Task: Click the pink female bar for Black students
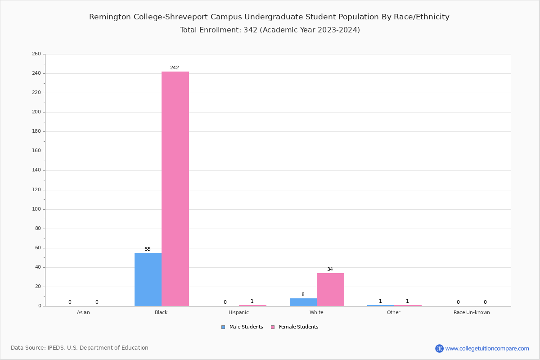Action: click(x=175, y=189)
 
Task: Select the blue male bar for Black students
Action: click(x=148, y=279)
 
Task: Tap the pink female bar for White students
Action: click(x=330, y=289)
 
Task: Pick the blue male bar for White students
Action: click(x=303, y=302)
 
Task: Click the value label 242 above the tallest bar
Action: click(x=175, y=68)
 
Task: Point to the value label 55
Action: click(x=148, y=249)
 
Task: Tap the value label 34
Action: click(x=330, y=270)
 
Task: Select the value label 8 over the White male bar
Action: click(x=303, y=295)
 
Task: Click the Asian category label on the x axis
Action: click(x=83, y=312)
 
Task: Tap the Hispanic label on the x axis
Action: click(x=238, y=312)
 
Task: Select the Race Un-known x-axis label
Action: click(x=472, y=312)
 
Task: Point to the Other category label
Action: click(x=393, y=312)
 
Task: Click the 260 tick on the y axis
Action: click(x=36, y=54)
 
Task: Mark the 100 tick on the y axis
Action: click(x=36, y=209)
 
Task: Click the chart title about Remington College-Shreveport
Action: click(x=269, y=17)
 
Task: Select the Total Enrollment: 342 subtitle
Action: click(x=270, y=30)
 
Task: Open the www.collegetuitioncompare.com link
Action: click(x=487, y=348)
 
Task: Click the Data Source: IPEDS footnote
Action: click(x=80, y=348)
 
